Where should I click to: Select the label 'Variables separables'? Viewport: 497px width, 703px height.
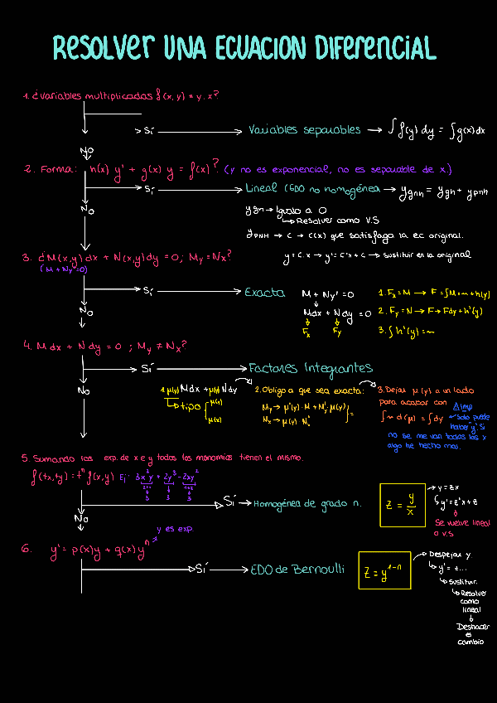[304, 130]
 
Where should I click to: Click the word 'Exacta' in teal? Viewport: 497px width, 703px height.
[265, 292]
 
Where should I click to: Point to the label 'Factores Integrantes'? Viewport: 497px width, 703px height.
[311, 368]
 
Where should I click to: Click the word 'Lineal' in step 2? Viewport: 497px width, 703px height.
[262, 189]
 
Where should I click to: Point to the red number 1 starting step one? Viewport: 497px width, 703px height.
[26, 96]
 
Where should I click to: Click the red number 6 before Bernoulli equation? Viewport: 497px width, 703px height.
[27, 549]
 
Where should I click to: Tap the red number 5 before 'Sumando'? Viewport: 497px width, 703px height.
[26, 458]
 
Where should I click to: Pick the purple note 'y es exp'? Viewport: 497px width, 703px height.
[173, 528]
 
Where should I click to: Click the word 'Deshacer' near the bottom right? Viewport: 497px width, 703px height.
[472, 627]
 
